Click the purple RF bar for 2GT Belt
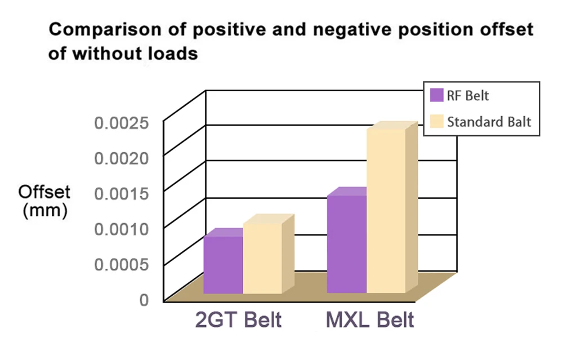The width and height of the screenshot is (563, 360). [223, 264]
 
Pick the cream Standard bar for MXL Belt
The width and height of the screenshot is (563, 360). [386, 211]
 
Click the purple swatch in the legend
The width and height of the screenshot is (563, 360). [436, 95]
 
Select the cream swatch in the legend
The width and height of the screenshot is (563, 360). [436, 122]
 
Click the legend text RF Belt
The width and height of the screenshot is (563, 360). [468, 96]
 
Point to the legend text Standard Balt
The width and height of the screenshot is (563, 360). [489, 122]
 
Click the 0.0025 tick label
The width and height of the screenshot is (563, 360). [121, 123]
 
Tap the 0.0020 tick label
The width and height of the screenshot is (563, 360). [121, 158]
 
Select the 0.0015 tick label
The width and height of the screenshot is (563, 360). [121, 194]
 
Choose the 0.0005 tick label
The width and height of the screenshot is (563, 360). [121, 264]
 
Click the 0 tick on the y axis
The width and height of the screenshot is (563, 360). [144, 299]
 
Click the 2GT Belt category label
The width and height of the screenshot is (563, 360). [238, 320]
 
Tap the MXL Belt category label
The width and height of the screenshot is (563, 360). [370, 320]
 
